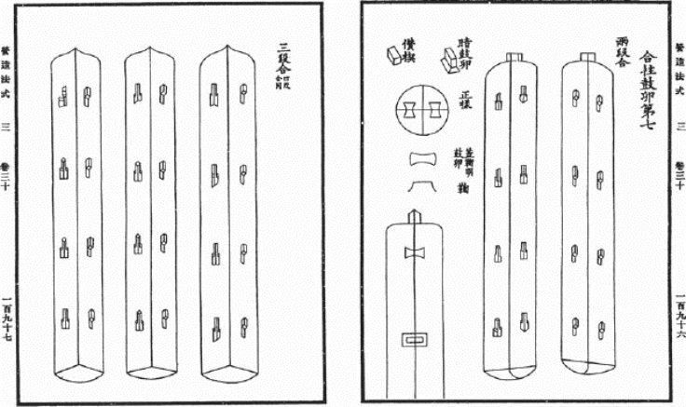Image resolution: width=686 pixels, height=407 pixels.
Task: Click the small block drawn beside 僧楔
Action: (384, 58)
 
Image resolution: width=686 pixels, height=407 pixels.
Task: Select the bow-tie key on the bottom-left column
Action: (414, 253)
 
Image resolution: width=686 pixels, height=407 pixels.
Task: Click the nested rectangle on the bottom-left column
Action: (414, 340)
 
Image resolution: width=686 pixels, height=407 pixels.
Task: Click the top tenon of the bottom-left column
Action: (415, 216)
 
